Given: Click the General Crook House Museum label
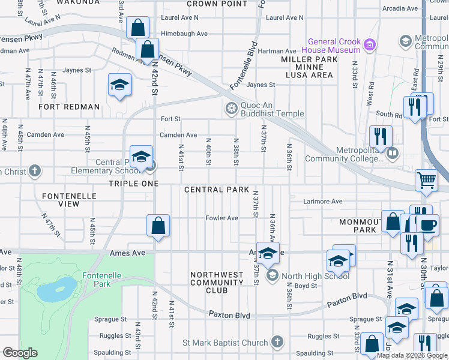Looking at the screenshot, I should click(x=334, y=46).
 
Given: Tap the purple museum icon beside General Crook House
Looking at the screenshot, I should click(x=370, y=44).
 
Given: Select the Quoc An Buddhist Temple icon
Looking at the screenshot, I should click(x=231, y=109).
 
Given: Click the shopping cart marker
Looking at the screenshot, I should click(x=426, y=179).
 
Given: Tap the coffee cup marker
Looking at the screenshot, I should click(x=427, y=225).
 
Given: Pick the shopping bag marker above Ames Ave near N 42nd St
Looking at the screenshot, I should click(x=158, y=226).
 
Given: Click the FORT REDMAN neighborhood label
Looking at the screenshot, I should click(x=69, y=107).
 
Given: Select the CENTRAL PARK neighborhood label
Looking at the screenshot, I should click(x=216, y=190).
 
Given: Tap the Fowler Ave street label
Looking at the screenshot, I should click(x=222, y=218).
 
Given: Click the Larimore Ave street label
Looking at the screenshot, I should click(x=322, y=202).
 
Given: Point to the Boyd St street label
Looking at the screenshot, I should click(x=305, y=286).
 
